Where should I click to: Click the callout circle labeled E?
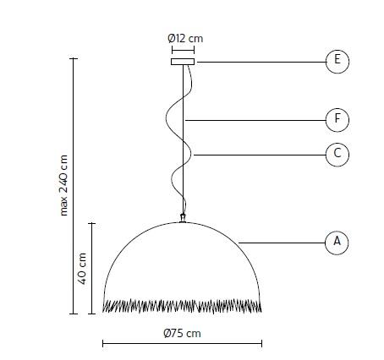pos(337,60)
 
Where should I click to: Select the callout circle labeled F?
pos(337,120)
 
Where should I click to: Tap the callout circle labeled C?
pos(337,154)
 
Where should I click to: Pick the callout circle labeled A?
pos(337,243)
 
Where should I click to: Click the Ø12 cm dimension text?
pos(185,38)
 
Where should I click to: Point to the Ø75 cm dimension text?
pos(182,333)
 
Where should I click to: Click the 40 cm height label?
pos(83,268)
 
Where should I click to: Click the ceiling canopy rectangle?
pos(183,61)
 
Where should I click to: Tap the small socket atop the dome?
pos(182,219)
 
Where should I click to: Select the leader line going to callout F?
pos(254,120)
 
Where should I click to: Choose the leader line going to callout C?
pos(259,154)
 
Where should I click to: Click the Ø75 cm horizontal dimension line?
pos(182,343)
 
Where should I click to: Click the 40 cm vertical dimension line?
pos(92,268)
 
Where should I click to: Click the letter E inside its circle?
pos(337,60)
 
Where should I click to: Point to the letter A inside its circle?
pos(337,243)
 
